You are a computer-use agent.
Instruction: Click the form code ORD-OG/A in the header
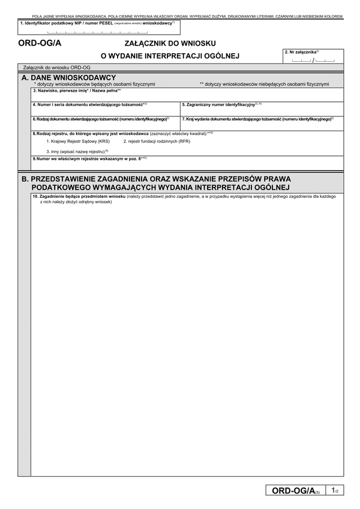[x=40, y=44]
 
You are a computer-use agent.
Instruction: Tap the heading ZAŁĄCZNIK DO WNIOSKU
[x=170, y=43]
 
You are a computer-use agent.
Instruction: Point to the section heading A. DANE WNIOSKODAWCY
[x=68, y=78]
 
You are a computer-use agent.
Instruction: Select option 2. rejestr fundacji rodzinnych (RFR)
[x=157, y=141]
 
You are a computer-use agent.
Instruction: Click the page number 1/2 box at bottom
[x=335, y=491]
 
